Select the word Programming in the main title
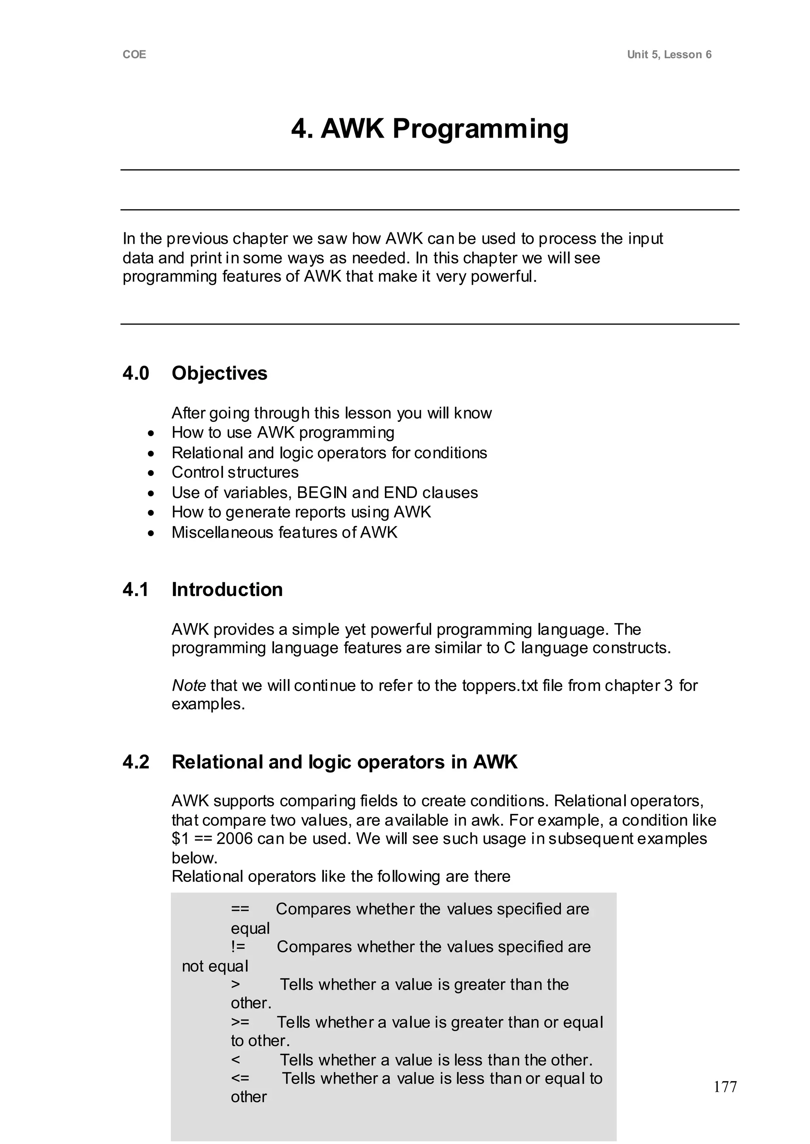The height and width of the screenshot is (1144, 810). click(x=480, y=129)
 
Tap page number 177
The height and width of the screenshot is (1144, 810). click(x=725, y=1087)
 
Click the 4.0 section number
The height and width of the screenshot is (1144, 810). click(x=136, y=373)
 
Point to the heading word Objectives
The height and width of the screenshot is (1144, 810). click(x=220, y=373)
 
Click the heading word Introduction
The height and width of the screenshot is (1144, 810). click(x=227, y=590)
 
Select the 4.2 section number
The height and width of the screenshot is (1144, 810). click(x=136, y=762)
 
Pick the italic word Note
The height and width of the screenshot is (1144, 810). click(x=189, y=685)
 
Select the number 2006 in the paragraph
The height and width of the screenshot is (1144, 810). click(x=235, y=839)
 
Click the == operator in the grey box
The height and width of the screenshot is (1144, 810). click(x=240, y=909)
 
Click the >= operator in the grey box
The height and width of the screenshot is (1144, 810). click(x=240, y=1022)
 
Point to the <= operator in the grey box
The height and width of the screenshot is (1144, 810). click(x=240, y=1078)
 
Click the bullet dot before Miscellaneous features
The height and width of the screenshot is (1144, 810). click(x=151, y=533)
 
